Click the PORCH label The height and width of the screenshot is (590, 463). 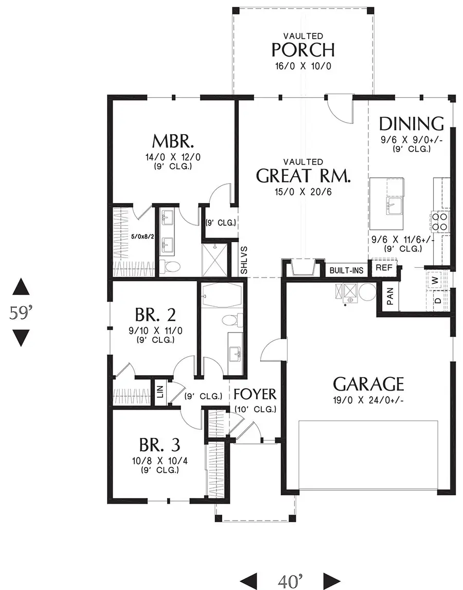click(303, 50)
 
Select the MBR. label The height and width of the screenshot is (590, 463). click(172, 140)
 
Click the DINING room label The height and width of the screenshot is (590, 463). click(411, 123)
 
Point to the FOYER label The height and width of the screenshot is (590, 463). click(255, 395)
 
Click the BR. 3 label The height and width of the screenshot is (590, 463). click(159, 445)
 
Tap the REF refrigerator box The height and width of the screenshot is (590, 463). click(384, 268)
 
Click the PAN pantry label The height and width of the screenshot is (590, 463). click(390, 296)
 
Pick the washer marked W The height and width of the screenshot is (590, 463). click(436, 280)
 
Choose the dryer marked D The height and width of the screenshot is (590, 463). click(437, 300)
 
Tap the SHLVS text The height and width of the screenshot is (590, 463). click(244, 260)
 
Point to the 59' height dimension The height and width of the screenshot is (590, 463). click(21, 312)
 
